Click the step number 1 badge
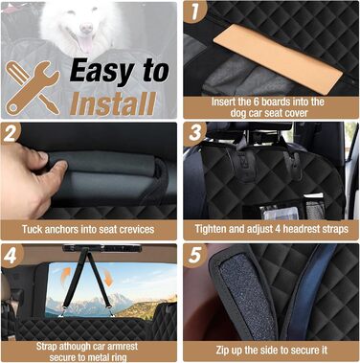[194, 11]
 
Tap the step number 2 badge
[11, 133]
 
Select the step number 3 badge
[194, 133]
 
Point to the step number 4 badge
[11, 255]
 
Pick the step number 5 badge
[194, 255]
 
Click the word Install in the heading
[113, 103]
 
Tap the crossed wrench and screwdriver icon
[33, 87]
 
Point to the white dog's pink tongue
[85, 44]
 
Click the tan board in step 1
[278, 58]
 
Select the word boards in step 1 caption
[281, 102]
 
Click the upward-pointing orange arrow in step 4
[66, 276]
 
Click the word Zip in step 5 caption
[223, 351]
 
